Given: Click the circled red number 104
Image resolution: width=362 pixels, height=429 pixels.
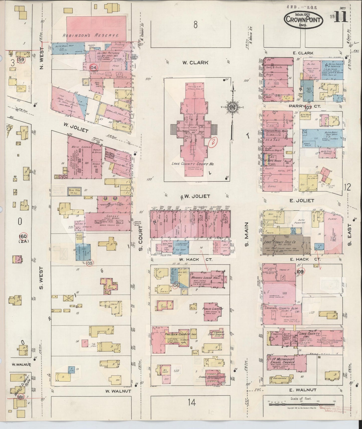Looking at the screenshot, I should (x=93, y=68).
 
